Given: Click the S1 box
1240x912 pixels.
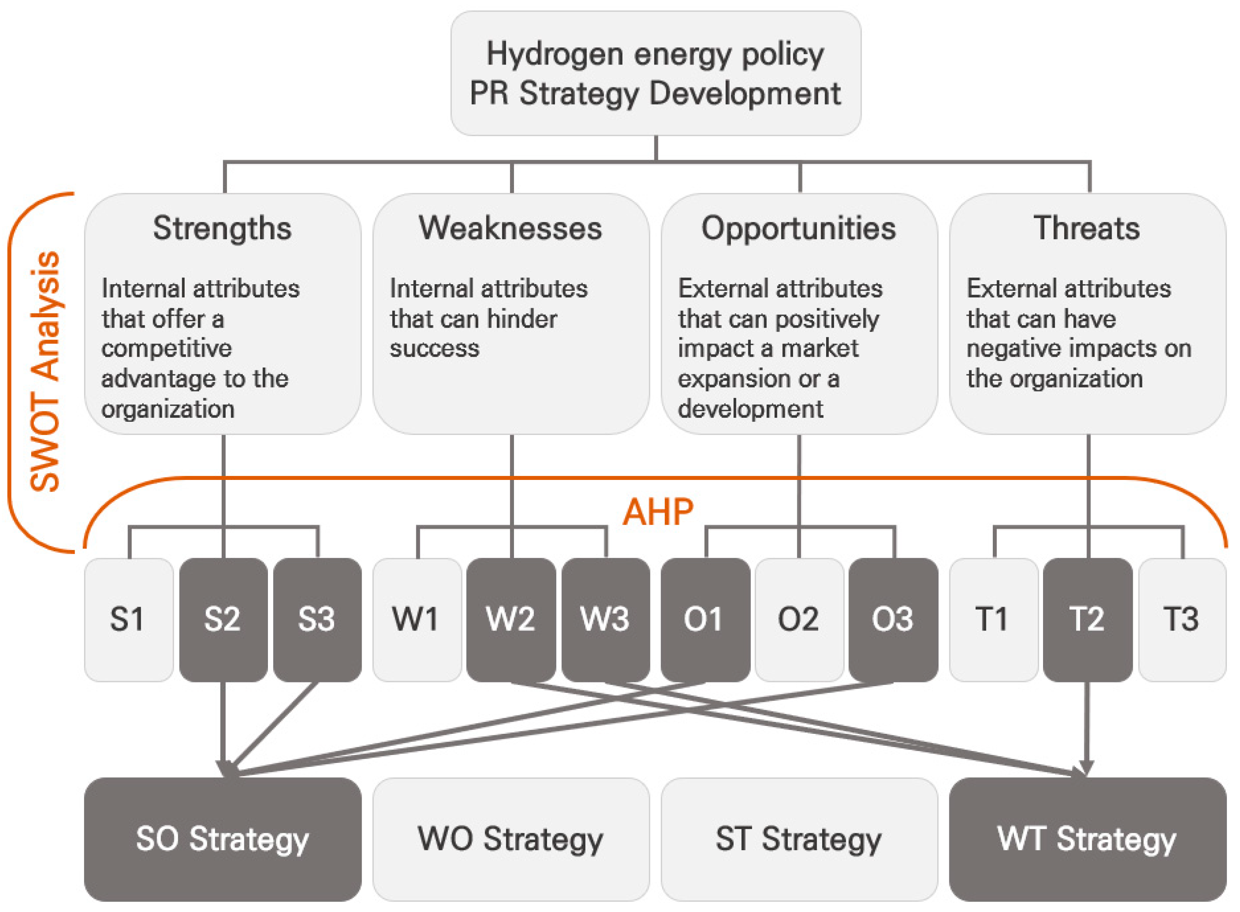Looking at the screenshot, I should click(129, 619).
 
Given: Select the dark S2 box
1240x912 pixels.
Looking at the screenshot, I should click(223, 619).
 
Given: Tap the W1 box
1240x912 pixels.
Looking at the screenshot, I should click(417, 619).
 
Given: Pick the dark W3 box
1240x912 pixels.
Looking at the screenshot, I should click(605, 619).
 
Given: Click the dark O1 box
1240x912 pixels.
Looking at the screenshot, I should click(705, 619).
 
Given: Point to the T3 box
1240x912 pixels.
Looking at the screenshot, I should click(1181, 619).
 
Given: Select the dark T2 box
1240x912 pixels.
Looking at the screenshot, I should click(1087, 619).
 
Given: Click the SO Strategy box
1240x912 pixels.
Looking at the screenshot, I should click(222, 839).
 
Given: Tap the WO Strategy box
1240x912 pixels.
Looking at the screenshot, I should click(511, 839).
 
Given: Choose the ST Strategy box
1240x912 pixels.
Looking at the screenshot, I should click(799, 839).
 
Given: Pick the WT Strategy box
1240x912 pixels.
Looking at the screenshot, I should click(1087, 839).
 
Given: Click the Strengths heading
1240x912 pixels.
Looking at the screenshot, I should click(222, 228).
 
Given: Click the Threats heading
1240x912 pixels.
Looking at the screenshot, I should click(1086, 228).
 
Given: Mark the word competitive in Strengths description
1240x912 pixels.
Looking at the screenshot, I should click(167, 348).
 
